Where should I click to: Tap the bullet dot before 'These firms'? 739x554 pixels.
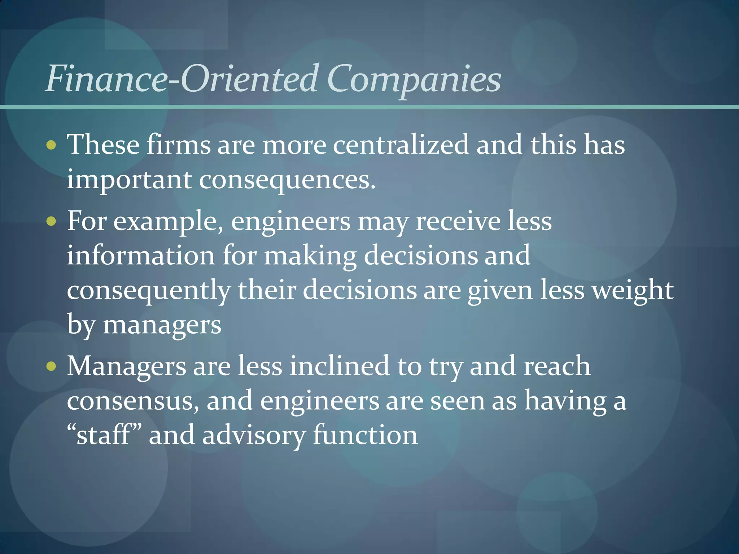[52, 145]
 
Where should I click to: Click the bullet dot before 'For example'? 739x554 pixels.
[52, 221]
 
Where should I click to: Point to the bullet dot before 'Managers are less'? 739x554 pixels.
[52, 366]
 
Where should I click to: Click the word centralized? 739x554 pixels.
[401, 145]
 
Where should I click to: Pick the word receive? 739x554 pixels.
[458, 221]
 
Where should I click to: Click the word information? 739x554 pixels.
[141, 256]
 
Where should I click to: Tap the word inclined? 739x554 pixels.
[340, 366]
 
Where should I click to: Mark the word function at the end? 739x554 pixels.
[365, 435]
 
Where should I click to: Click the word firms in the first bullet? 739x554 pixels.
[179, 145]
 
